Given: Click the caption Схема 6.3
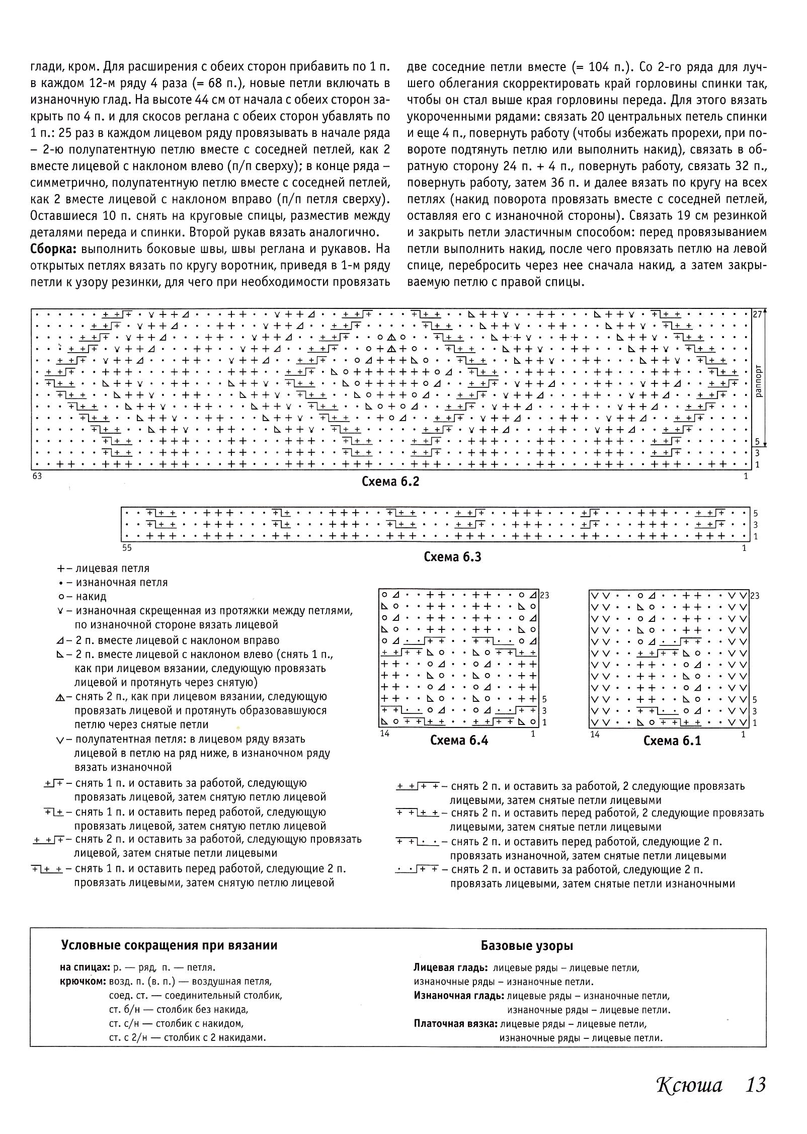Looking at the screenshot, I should pyautogui.click(x=452, y=556).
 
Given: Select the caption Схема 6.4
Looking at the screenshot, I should pyautogui.click(x=459, y=740).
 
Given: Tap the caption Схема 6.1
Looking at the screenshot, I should pyautogui.click(x=672, y=741).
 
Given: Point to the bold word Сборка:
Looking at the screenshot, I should pyautogui.click(x=54, y=249).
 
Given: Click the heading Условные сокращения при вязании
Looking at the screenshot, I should pyautogui.click(x=169, y=945).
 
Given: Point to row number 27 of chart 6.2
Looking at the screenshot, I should pyautogui.click(x=758, y=314).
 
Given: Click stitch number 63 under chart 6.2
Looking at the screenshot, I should pyautogui.click(x=37, y=476).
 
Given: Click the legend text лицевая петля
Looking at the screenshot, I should pyautogui.click(x=112, y=569).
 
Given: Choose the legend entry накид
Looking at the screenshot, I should pyautogui.click(x=91, y=597).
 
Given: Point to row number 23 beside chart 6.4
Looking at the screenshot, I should pyautogui.click(x=544, y=596).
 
